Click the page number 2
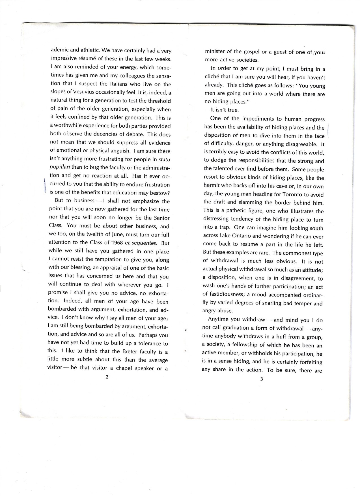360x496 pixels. click(x=106, y=377)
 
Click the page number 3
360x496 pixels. click(x=261, y=379)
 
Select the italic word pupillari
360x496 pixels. click(x=60, y=168)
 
